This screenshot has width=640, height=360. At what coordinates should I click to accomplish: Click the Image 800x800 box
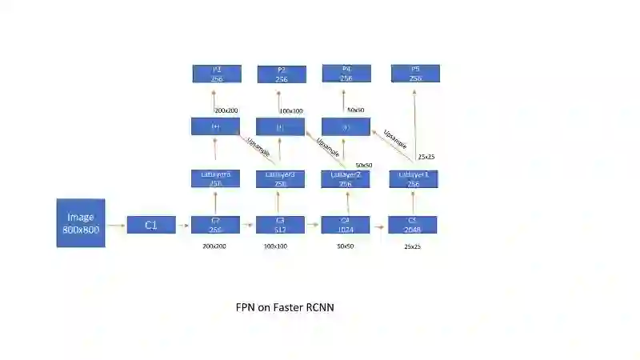pyautogui.click(x=81, y=222)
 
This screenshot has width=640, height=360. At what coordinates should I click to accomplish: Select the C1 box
pyautogui.click(x=150, y=225)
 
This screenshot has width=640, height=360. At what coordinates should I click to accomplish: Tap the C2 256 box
pyautogui.click(x=215, y=225)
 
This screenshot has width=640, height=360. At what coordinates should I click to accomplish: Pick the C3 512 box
pyautogui.click(x=280, y=225)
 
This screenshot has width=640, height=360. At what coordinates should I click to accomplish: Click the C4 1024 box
pyautogui.click(x=345, y=225)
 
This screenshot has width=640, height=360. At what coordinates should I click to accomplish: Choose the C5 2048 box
pyautogui.click(x=412, y=225)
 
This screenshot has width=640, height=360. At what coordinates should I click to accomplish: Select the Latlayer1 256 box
pyautogui.click(x=414, y=179)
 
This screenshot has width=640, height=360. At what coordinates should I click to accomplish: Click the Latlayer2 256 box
pyautogui.click(x=345, y=179)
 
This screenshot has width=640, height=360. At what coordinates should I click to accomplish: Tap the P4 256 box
pyautogui.click(x=346, y=74)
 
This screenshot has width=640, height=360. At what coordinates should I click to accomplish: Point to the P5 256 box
pyautogui.click(x=415, y=74)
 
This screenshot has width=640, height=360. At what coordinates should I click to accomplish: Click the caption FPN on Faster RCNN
pyautogui.click(x=284, y=306)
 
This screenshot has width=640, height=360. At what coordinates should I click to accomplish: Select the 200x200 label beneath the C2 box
pyautogui.click(x=214, y=246)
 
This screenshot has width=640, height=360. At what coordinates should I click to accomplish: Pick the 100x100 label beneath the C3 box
pyautogui.click(x=275, y=246)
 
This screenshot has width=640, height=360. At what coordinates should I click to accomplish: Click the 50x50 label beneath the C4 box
pyautogui.click(x=345, y=246)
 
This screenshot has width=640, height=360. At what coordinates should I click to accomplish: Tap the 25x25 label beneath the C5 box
pyautogui.click(x=412, y=246)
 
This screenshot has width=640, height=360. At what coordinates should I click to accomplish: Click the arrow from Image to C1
pyautogui.click(x=116, y=226)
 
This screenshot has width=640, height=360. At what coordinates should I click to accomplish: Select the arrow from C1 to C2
pyautogui.click(x=182, y=226)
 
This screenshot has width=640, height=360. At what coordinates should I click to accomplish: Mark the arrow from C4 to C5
pyautogui.click(x=378, y=226)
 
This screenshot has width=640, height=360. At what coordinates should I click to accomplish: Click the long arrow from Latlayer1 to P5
pyautogui.click(x=415, y=128)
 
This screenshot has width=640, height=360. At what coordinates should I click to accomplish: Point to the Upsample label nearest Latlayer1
pyautogui.click(x=395, y=139)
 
